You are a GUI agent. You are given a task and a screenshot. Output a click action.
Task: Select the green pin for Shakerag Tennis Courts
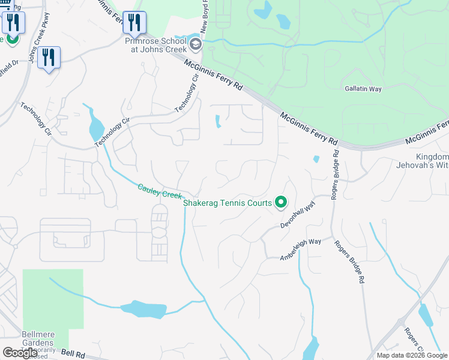pyautogui.click(x=280, y=203)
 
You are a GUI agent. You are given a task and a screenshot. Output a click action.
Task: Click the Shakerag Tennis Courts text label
pyautogui.click(x=228, y=203)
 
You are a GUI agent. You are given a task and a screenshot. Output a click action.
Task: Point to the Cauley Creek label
pyautogui.click(x=159, y=191)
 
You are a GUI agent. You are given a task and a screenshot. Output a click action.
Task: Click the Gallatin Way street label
pyautogui.click(x=363, y=89)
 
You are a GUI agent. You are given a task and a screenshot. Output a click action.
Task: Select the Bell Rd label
pyautogui.click(x=73, y=355)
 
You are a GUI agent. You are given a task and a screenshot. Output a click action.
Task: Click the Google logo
pyautogui.click(x=20, y=352)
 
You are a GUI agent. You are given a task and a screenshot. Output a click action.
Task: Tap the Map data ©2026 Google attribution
pyautogui.click(x=411, y=355)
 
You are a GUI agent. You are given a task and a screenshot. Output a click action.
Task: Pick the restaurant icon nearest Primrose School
pyautogui.click(x=133, y=23)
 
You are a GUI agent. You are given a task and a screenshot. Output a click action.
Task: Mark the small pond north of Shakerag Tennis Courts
pyautogui.click(x=316, y=160)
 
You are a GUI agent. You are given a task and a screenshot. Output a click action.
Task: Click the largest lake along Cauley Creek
pyautogui.click(x=144, y=310)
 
